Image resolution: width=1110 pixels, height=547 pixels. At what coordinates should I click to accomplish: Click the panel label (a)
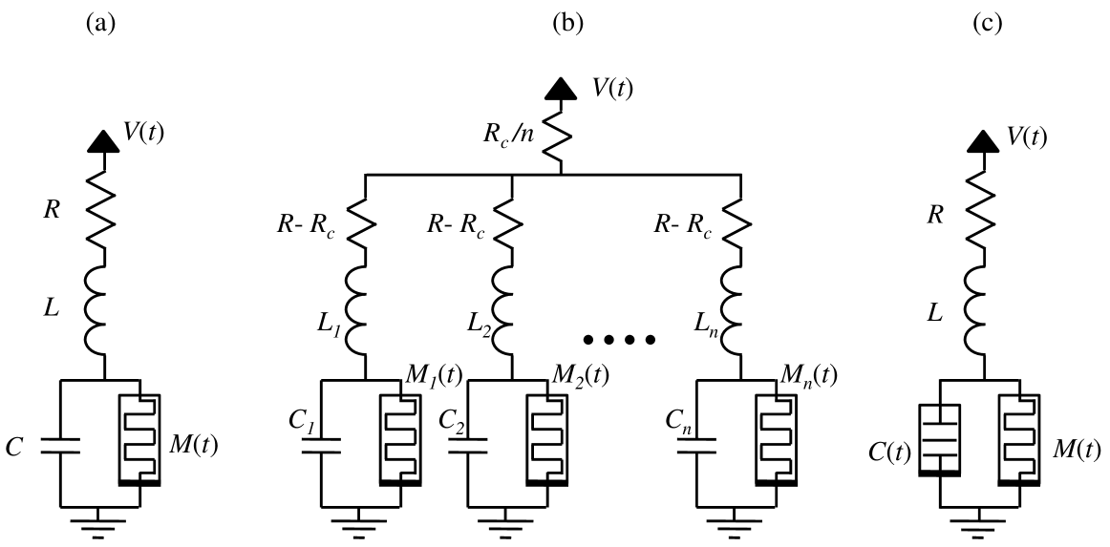click(100, 26)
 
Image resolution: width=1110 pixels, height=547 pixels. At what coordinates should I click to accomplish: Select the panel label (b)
click(568, 26)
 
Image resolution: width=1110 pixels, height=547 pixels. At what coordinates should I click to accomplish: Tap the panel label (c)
click(987, 26)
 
